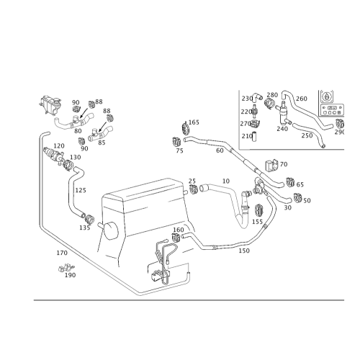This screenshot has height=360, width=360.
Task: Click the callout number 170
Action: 62,253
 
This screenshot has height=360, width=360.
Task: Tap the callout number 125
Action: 81,190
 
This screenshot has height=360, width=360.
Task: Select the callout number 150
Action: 244,251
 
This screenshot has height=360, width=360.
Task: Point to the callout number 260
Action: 302,99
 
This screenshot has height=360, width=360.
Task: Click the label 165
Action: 194,122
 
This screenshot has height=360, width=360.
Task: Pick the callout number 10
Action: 226,181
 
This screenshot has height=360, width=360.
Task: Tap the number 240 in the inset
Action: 282,129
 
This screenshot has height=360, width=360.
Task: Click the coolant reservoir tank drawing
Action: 50,104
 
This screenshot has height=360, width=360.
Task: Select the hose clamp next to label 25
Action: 193,189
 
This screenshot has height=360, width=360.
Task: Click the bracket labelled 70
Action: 271,166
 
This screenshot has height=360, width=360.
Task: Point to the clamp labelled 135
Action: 90,218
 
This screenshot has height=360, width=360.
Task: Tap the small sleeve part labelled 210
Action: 255,136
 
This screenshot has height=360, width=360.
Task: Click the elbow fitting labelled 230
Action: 257,96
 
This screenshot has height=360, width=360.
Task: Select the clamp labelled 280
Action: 269,103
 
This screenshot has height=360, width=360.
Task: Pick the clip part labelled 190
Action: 66,268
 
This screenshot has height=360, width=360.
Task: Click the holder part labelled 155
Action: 258,210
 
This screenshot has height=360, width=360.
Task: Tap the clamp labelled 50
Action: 298,197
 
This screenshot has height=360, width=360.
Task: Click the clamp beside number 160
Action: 176,238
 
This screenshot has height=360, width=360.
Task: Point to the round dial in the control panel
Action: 326,96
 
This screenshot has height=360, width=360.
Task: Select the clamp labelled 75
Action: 176,142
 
